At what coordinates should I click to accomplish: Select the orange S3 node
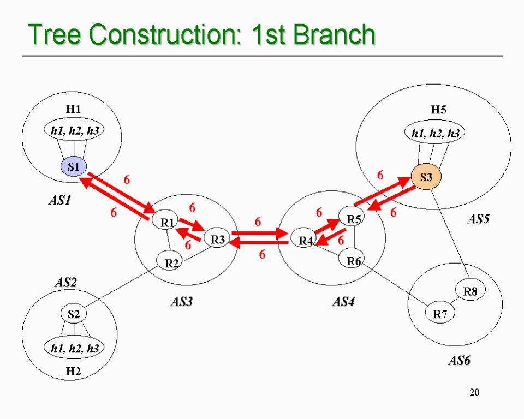(426, 177)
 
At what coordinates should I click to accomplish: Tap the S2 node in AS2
(74, 314)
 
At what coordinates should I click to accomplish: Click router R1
(167, 222)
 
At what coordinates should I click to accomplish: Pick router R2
(172, 263)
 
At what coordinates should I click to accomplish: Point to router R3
(218, 239)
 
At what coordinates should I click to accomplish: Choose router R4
(305, 241)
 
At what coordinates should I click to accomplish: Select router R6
(354, 261)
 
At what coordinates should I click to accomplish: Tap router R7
(440, 314)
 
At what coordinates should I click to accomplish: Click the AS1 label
(59, 201)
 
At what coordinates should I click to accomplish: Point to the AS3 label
(181, 302)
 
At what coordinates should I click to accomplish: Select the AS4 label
(343, 302)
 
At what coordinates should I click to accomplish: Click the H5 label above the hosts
(438, 110)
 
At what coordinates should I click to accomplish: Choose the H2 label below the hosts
(74, 372)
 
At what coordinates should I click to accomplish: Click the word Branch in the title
(334, 35)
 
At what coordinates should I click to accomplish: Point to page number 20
(474, 392)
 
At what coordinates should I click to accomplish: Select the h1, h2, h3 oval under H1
(74, 131)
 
